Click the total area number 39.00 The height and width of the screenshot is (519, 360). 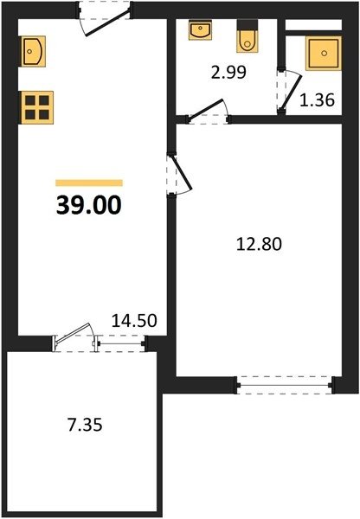coord(89,205)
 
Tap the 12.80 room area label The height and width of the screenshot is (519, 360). coord(259,244)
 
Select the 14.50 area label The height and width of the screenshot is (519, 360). coord(134,320)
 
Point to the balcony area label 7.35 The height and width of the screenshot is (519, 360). coord(85,425)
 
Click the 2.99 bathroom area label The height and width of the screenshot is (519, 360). coord(228,72)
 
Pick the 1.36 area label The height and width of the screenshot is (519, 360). coord(317,100)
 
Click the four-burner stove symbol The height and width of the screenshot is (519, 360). coord(37,107)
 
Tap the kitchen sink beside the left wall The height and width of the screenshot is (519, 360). coord(33,51)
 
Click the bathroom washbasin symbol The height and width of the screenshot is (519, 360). coord(200,29)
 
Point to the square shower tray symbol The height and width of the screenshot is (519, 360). coord(324,54)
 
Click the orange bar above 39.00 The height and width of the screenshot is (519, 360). coord(89,183)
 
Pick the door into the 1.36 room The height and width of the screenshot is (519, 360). coord(292,91)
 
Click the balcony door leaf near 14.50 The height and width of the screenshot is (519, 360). coord(74,333)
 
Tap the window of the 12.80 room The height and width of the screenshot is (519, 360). coord(285,385)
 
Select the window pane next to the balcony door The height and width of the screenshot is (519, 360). coord(120,343)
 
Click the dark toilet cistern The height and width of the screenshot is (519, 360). coord(247,24)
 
